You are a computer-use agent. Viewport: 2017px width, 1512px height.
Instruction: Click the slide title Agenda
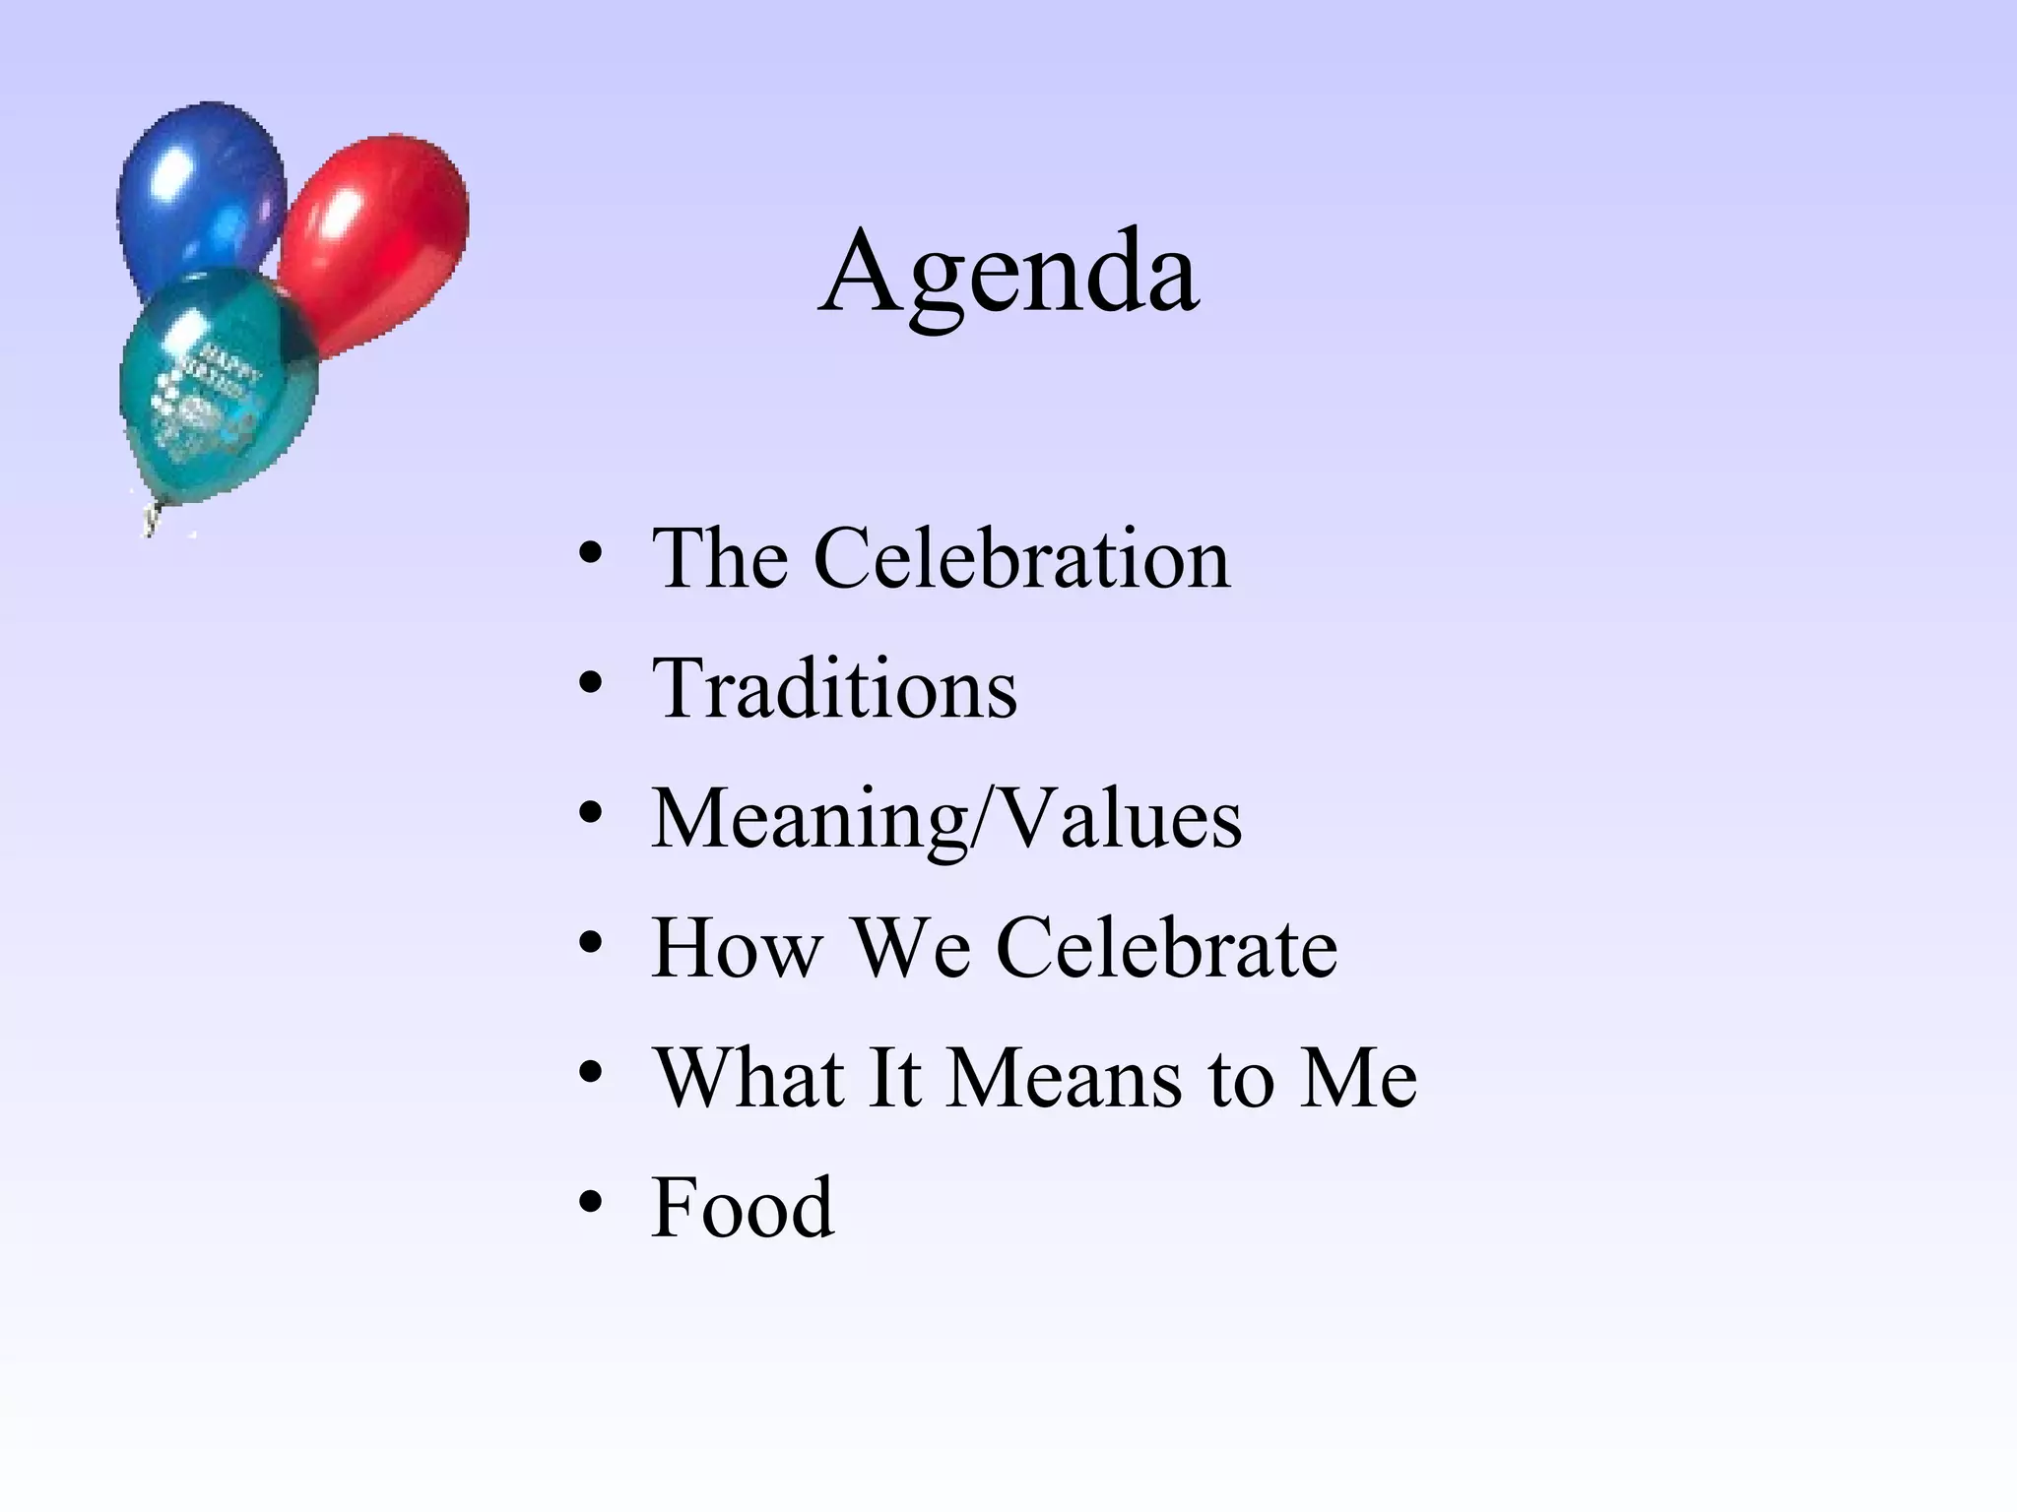[x=1008, y=272]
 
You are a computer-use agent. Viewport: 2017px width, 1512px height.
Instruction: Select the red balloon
[x=379, y=236]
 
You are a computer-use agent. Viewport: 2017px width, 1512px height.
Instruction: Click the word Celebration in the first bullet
[x=1022, y=558]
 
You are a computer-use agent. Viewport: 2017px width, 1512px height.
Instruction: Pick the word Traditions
[x=834, y=688]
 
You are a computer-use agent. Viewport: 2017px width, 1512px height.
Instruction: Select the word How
[x=737, y=948]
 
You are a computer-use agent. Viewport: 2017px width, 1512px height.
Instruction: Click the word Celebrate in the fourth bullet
[x=1167, y=948]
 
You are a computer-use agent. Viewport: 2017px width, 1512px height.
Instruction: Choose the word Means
[x=1065, y=1078]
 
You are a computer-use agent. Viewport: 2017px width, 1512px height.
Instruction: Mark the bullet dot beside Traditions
[x=590, y=682]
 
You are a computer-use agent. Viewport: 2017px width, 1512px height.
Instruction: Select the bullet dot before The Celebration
[x=590, y=553]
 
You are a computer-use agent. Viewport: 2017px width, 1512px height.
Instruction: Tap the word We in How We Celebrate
[x=911, y=948]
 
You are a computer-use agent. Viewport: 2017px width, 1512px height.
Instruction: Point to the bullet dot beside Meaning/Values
[x=590, y=812]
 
